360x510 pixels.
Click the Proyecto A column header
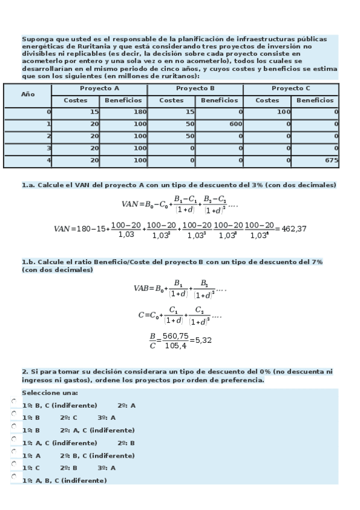coord(99,88)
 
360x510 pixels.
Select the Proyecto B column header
coord(195,88)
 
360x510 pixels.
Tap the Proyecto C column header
coord(291,88)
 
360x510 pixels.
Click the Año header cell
coord(28,94)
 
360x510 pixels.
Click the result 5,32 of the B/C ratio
coord(203,340)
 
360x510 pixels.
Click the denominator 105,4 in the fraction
coord(175,345)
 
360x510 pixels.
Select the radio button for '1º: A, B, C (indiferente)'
coord(14,476)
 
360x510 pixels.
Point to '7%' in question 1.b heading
coord(317,262)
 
